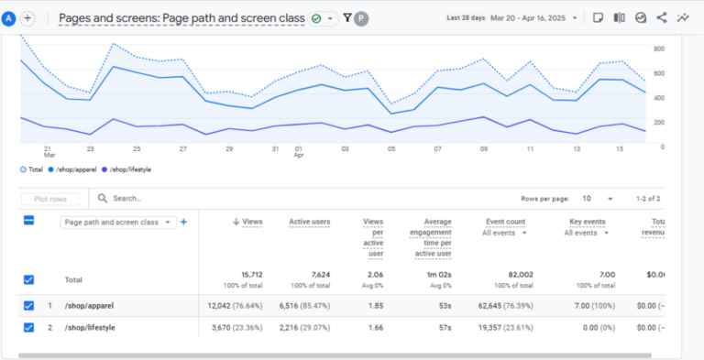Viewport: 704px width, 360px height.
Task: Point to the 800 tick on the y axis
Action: coord(659,49)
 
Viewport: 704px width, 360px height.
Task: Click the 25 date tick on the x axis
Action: coord(137,148)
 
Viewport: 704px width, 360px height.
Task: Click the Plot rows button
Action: coord(50,198)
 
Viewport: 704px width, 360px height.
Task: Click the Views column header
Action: coord(249,222)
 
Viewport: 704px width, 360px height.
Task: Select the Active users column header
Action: coord(309,222)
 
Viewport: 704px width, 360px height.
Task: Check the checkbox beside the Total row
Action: coord(28,279)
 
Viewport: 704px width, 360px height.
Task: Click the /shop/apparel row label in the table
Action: coord(89,305)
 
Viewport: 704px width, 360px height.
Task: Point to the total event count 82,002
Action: coord(508,275)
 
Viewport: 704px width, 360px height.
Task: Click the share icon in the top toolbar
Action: coord(661,17)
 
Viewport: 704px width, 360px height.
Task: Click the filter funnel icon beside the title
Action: coord(347,17)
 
